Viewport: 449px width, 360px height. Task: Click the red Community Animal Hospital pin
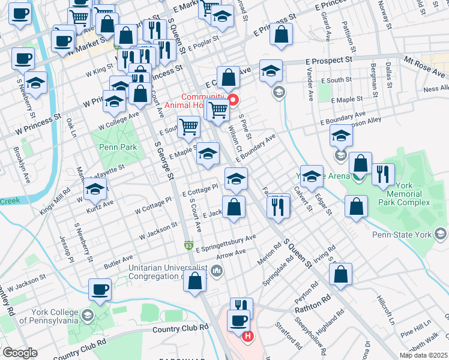coord(232,100)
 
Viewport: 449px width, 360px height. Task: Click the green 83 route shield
coord(188,245)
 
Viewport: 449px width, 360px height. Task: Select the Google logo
coord(20,353)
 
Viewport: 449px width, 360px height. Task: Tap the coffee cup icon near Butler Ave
coord(100,290)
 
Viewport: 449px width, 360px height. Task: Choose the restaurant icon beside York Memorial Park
coord(382,175)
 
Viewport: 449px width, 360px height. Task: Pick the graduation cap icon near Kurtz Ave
coord(95,189)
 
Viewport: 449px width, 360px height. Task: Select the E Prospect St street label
coord(328,61)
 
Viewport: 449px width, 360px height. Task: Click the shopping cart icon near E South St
coord(189,127)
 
